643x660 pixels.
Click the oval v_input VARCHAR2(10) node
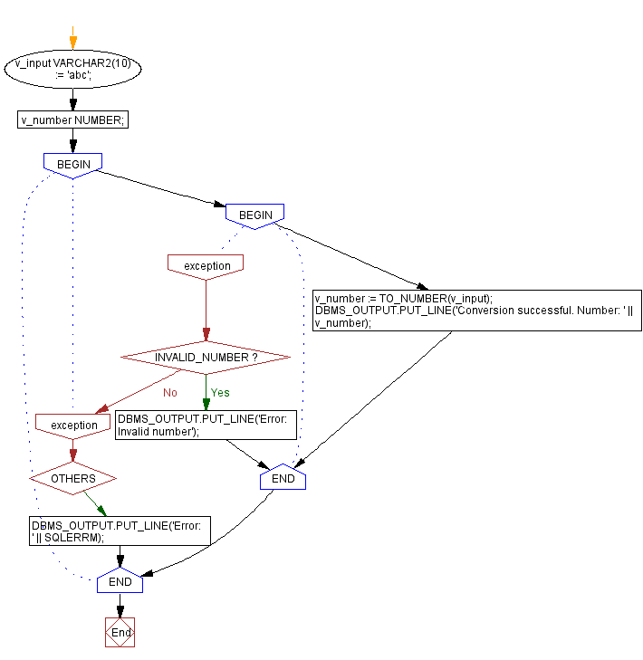[x=72, y=70]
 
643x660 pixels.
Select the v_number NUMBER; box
[x=72, y=120]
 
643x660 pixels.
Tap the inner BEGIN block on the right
[x=254, y=215]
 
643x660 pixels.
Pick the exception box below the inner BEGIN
[x=206, y=265]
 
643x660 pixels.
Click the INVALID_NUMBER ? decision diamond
[x=206, y=358]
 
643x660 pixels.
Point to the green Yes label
[x=220, y=393]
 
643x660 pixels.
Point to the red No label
[x=169, y=393]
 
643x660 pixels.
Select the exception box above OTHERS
[x=73, y=425]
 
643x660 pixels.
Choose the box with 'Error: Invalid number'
[x=206, y=425]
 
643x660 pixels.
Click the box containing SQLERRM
[x=119, y=531]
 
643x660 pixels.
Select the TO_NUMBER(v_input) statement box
[x=476, y=311]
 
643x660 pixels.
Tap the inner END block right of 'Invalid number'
[x=283, y=477]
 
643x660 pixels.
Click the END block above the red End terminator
[x=120, y=582]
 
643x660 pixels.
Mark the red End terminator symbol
[x=120, y=632]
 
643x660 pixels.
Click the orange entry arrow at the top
[x=73, y=41]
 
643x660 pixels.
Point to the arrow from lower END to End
[x=120, y=607]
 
